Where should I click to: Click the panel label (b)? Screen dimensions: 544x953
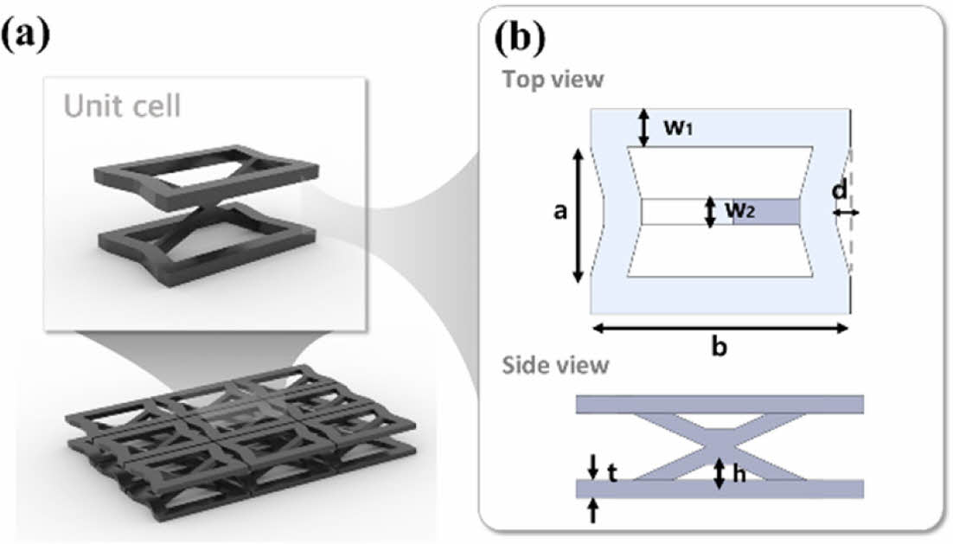pos(519,39)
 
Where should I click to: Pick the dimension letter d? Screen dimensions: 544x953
pos(839,190)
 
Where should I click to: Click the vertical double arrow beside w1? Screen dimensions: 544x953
pos(643,127)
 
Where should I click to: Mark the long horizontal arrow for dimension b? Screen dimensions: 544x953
pos(720,328)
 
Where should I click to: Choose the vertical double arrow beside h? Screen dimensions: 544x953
pos(719,472)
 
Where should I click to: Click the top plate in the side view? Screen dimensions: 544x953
pos(720,404)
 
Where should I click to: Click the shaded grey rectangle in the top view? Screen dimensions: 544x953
pos(766,212)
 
